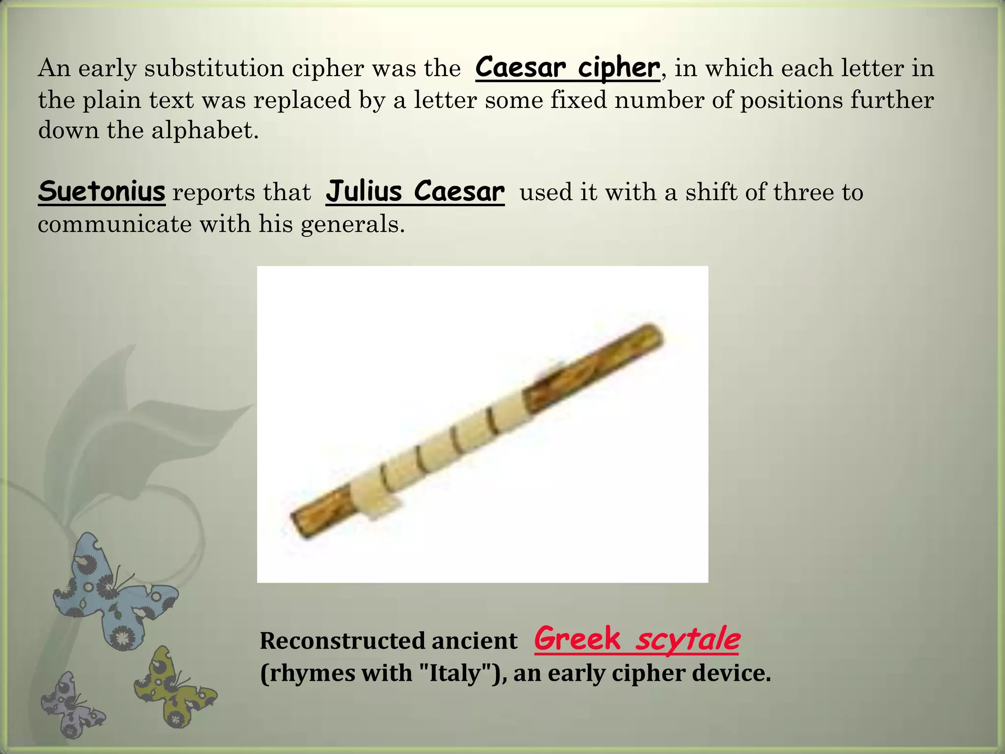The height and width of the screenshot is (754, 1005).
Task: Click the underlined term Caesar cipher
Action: tap(567, 68)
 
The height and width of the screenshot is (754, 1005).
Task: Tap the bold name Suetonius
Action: tap(102, 191)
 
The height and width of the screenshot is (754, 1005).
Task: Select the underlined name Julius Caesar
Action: tap(415, 191)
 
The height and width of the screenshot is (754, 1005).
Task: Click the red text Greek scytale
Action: tap(636, 639)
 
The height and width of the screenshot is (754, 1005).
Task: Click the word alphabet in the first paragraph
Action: tap(204, 130)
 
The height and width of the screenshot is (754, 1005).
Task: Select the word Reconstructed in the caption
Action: tap(343, 641)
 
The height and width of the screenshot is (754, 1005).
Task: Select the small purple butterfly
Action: tap(71, 704)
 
